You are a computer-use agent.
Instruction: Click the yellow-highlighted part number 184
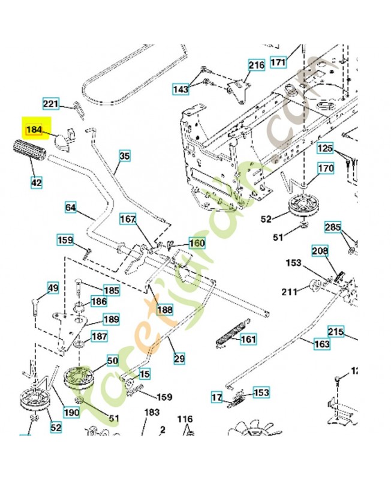pos(34,128)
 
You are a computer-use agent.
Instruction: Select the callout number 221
pos(52,104)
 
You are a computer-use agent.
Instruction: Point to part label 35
pos(124,157)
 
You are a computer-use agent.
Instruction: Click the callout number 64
pos(71,208)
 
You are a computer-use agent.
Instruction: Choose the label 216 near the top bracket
pos(256,65)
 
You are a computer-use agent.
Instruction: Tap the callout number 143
pos(181,89)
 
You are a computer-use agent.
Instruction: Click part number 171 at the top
pos(279,61)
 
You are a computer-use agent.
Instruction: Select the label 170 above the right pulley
pos(325,169)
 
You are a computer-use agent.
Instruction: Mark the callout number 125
pos(325,148)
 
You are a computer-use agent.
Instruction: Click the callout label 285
pos(333,227)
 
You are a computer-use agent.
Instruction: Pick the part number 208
pos(320,250)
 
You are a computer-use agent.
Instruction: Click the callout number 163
pos(322,344)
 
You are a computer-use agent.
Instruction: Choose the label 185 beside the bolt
pos(112,290)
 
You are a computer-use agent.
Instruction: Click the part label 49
pos(53,289)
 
